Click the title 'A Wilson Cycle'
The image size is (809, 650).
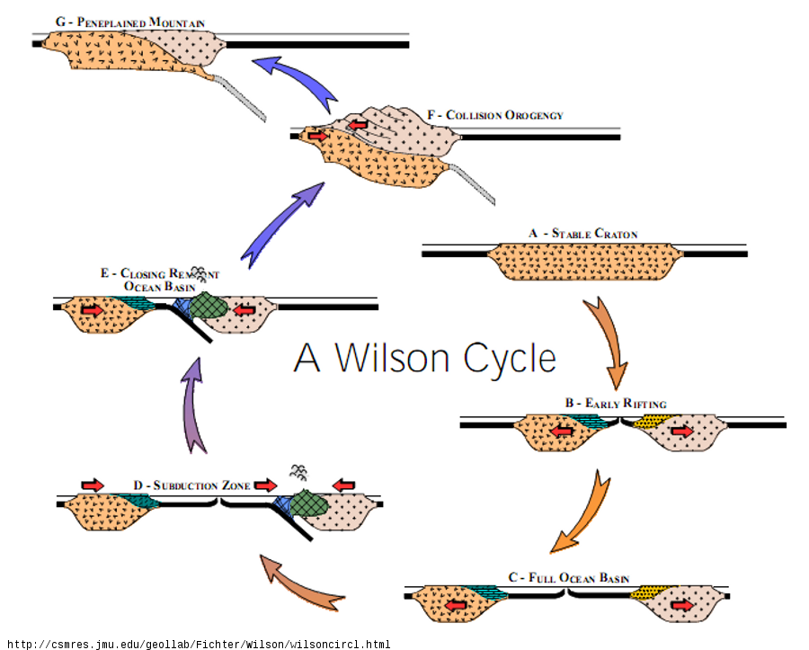(424, 358)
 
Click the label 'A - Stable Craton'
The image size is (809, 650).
(583, 234)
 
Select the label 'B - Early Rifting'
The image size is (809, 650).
(616, 404)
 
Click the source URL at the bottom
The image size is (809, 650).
(198, 644)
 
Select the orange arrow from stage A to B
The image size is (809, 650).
(609, 341)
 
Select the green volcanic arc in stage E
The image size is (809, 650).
(209, 305)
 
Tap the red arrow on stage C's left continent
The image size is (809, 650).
(457, 605)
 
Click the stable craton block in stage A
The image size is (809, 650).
(583, 262)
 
